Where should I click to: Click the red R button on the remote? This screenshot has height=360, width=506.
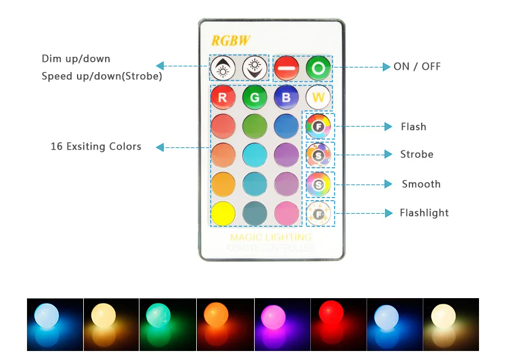(223, 98)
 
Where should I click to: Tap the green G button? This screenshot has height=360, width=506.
(254, 98)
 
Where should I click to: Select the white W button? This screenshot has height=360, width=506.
(318, 98)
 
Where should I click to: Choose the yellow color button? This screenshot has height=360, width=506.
(223, 214)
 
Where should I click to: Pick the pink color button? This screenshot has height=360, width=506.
(286, 214)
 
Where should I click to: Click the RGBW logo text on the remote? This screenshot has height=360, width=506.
(231, 40)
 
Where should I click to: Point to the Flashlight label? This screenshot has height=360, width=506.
(424, 213)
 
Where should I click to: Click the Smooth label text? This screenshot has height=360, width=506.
(421, 184)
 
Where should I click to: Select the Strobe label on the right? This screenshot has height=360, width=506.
(417, 154)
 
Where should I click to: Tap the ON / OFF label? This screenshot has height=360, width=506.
(417, 66)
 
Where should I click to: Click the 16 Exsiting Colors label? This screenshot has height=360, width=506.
(96, 146)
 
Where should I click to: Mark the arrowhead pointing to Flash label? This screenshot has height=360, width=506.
(387, 127)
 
